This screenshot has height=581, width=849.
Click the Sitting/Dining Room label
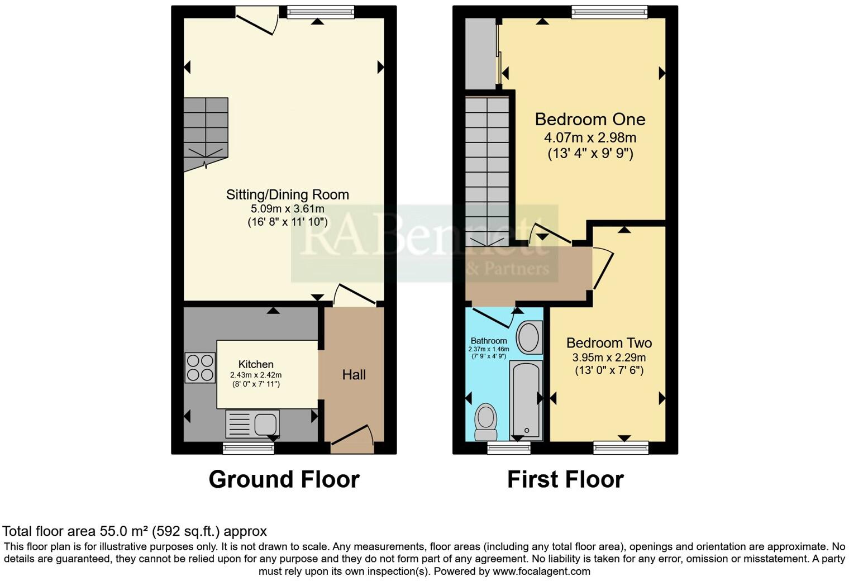[x=287, y=194]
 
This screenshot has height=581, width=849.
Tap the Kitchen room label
[x=256, y=364]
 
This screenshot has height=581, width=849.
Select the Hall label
[x=354, y=375]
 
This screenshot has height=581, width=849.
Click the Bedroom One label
[x=590, y=119]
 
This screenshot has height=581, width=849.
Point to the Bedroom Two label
[x=609, y=343]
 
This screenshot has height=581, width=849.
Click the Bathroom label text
[x=489, y=341]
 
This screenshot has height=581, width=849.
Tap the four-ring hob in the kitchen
[x=200, y=368]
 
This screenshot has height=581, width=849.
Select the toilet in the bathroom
[x=486, y=423]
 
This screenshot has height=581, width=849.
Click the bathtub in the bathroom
[x=526, y=400]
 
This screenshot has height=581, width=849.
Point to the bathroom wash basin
[x=528, y=337]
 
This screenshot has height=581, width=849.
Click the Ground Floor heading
[x=284, y=479]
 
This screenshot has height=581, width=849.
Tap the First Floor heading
[x=565, y=479]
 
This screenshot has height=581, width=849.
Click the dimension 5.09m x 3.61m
[x=287, y=209]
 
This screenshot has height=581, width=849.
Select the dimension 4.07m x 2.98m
[x=590, y=137]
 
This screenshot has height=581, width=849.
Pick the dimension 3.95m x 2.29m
[x=609, y=358]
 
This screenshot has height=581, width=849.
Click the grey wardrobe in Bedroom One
[x=480, y=53]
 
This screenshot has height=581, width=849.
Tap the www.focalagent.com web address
[x=541, y=571]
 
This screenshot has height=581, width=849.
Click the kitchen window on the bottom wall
[x=249, y=447]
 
